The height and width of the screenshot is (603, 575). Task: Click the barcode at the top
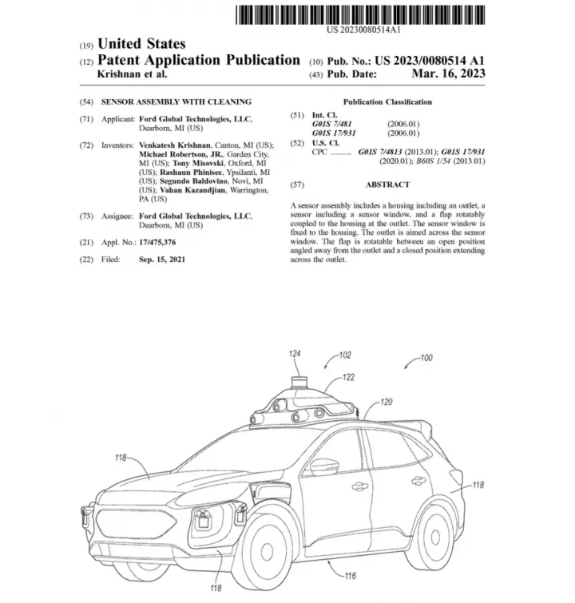[360, 15]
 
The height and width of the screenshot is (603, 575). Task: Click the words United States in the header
[141, 44]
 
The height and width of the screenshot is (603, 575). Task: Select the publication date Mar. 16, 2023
[449, 73]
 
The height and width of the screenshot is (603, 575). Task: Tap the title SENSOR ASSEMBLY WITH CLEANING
[176, 102]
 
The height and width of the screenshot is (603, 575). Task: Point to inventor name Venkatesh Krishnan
[175, 145]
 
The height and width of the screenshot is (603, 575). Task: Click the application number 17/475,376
[157, 242]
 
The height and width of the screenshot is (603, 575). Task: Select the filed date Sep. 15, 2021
[162, 260]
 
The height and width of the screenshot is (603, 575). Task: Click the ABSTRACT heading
[387, 184]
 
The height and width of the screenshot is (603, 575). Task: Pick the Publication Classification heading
[387, 102]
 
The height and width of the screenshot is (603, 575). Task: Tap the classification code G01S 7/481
[331, 124]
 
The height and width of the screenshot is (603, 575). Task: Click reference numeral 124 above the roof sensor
[295, 354]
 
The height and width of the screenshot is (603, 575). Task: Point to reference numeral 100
[426, 358]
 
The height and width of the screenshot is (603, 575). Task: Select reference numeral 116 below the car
[350, 576]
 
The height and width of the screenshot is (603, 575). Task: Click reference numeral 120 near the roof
[386, 402]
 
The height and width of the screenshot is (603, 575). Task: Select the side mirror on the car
[324, 466]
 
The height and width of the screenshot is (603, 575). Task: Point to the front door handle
[359, 486]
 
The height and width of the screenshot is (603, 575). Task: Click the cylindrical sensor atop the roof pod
[299, 383]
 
